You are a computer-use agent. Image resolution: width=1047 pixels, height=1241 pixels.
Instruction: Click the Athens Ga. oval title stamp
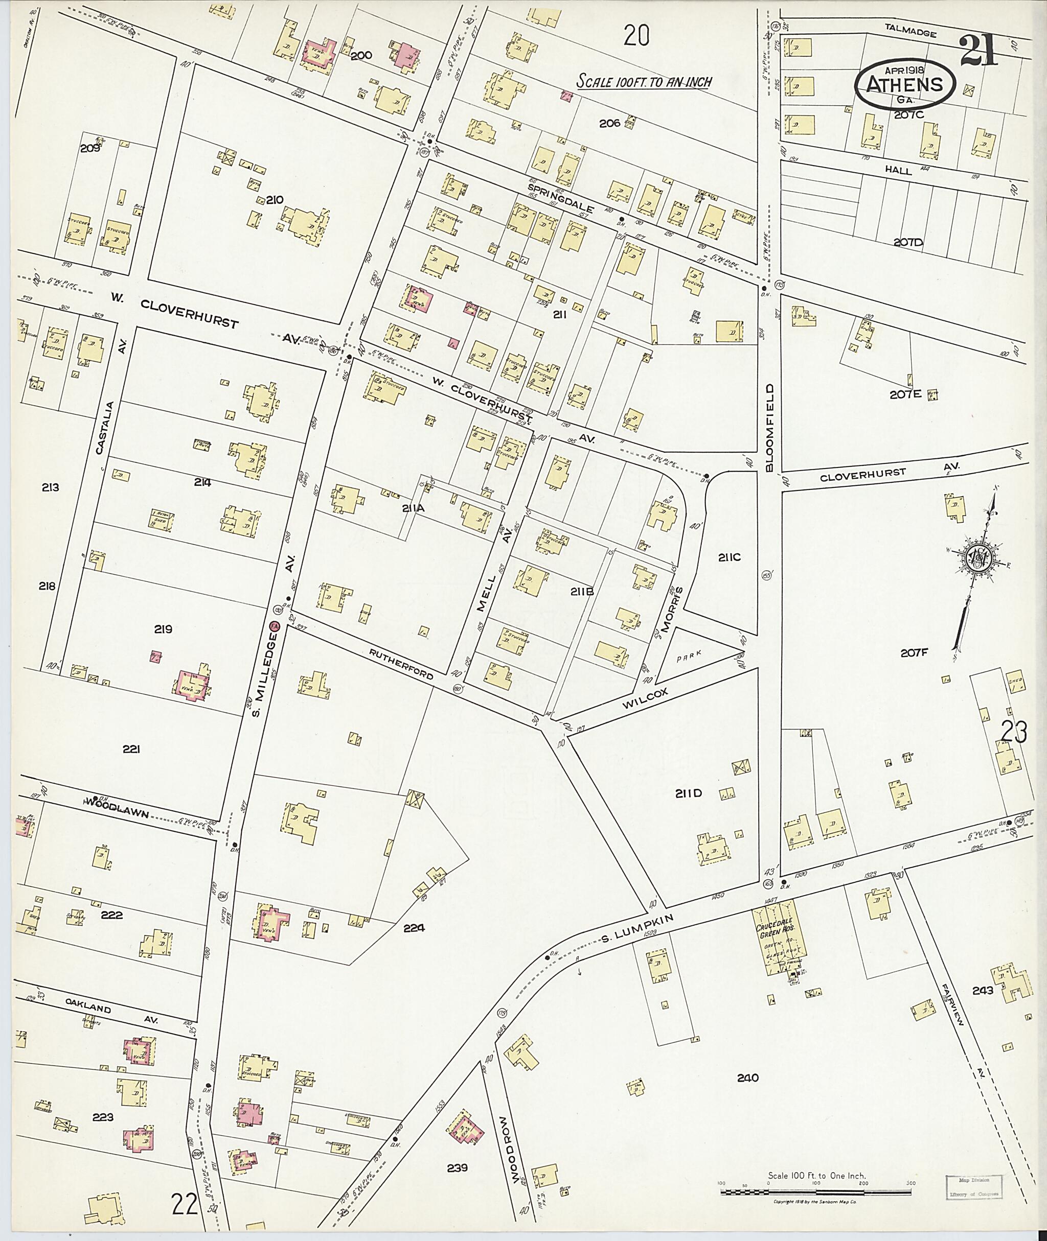pos(904,85)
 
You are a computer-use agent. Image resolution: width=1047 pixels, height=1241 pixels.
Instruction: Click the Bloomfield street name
pos(770,427)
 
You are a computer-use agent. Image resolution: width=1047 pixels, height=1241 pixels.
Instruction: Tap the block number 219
pos(163,629)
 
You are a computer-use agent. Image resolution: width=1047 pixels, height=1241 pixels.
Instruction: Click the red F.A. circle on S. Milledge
pos(274,626)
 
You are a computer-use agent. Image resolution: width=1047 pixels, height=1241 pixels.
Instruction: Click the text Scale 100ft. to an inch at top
pos(645,82)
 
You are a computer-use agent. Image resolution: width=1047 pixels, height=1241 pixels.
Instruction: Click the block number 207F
pos(914,653)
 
